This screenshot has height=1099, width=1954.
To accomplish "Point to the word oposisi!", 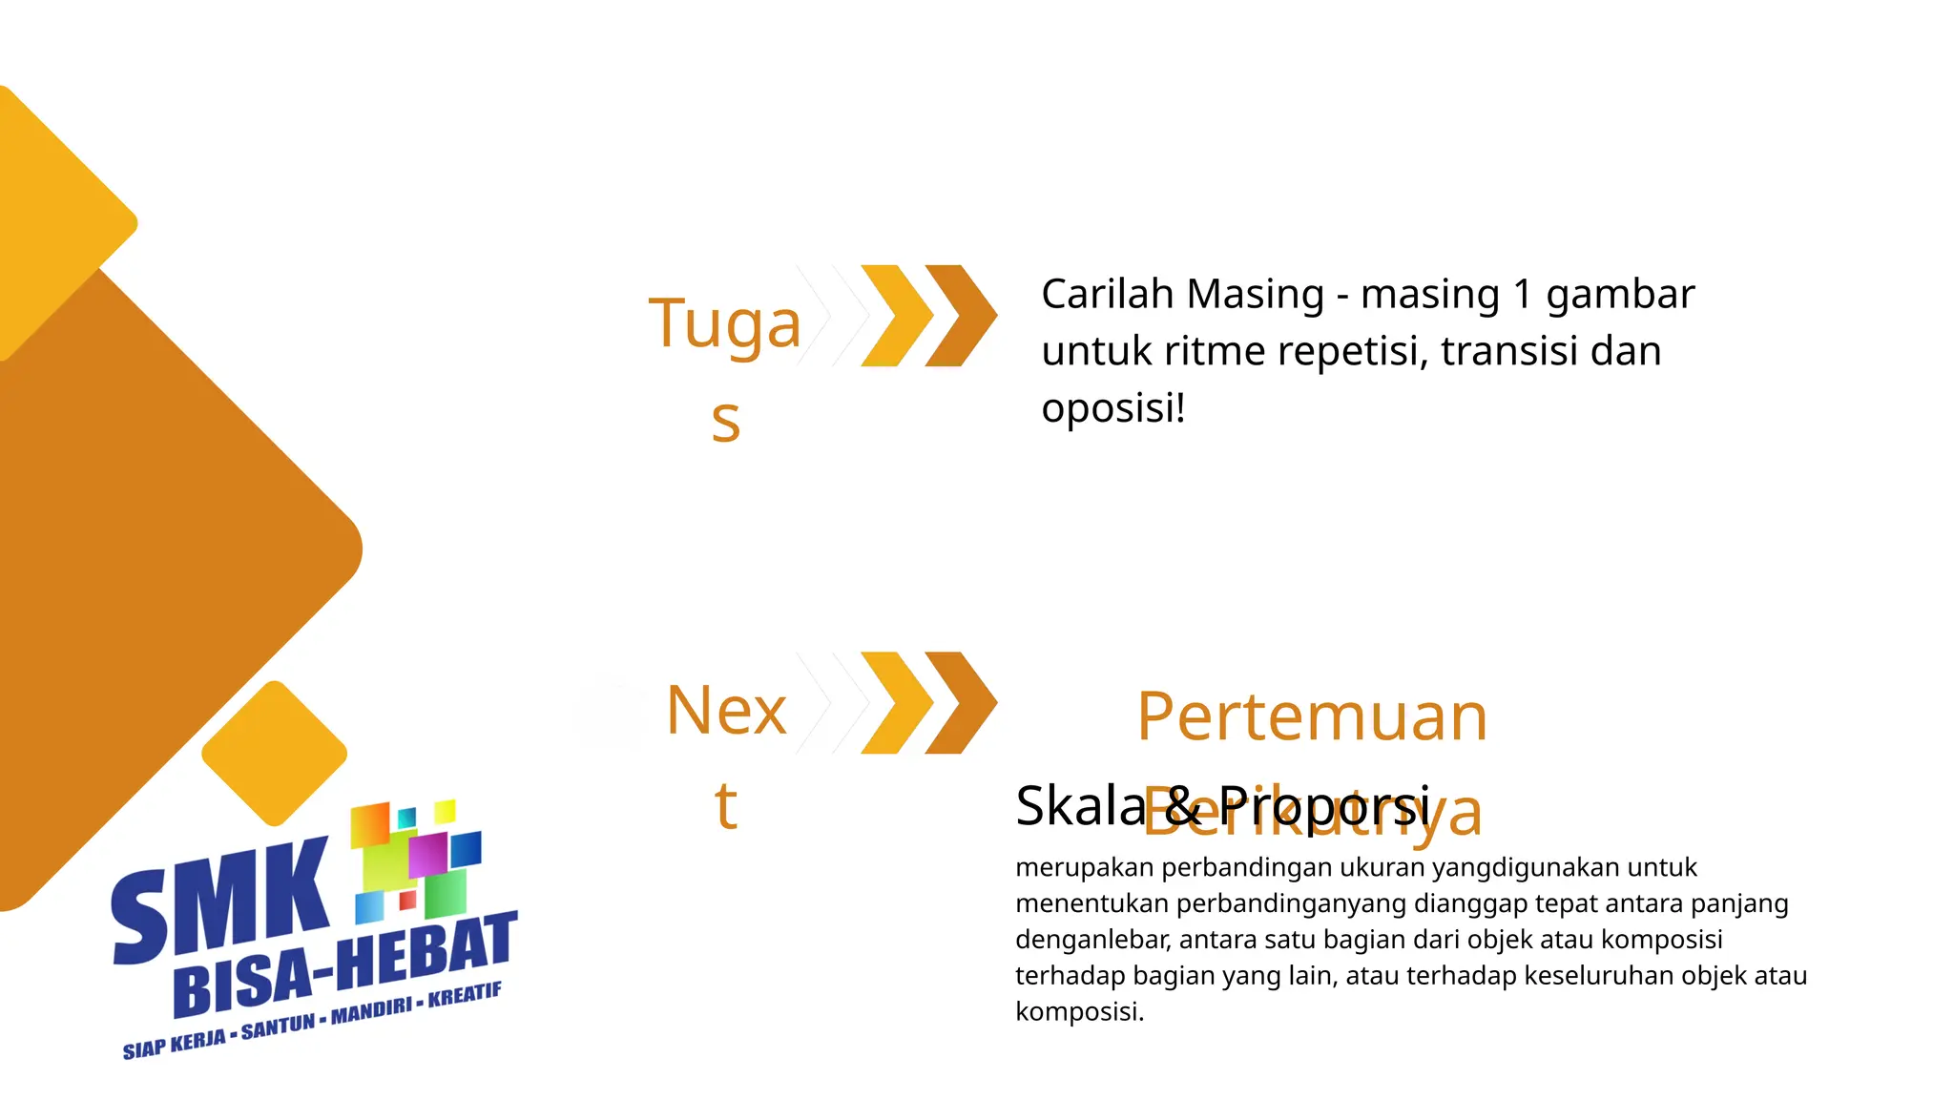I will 1112,408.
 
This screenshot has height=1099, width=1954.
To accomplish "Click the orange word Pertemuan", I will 1312,716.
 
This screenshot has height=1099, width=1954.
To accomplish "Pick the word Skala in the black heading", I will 1080,805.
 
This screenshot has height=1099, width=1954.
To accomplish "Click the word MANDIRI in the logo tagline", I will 371,1008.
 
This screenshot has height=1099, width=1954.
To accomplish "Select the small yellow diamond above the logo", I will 275,753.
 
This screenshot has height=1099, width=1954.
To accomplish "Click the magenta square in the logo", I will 426,854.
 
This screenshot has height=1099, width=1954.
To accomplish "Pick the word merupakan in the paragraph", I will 1084,867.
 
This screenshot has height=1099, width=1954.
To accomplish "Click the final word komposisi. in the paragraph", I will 1079,1011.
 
